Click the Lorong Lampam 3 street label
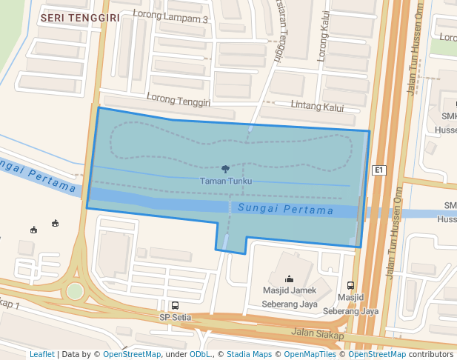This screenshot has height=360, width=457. [170, 16]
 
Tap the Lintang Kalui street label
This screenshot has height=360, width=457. [318, 107]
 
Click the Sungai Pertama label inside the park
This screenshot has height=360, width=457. [285, 210]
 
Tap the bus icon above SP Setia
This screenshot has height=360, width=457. [175, 305]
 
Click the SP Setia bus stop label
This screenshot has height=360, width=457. [176, 318]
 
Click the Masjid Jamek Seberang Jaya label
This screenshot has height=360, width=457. [290, 296]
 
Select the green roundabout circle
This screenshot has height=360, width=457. [75, 291]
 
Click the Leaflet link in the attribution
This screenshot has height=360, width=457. [41, 354]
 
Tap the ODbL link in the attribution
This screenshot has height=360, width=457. [200, 354]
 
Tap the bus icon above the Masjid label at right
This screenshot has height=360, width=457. [350, 285]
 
